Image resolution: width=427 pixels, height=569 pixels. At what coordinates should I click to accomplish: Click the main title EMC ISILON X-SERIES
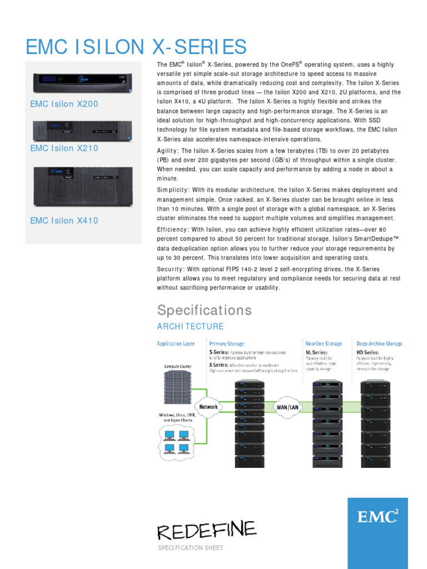tap(136, 47)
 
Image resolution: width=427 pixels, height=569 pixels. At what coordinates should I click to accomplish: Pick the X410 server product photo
tap(83, 187)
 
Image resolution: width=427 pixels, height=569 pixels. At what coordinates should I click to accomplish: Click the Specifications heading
tap(204, 310)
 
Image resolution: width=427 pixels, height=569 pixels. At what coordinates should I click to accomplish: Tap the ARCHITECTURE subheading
tap(190, 327)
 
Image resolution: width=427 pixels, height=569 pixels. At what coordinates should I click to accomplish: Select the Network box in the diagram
tap(208, 406)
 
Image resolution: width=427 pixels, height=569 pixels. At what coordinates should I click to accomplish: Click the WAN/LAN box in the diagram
tap(287, 407)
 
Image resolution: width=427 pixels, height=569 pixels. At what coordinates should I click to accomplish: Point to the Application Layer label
tap(176, 344)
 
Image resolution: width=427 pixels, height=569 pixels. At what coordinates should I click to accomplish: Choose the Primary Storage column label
tap(226, 344)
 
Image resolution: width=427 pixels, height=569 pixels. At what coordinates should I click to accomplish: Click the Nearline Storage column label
tap(324, 344)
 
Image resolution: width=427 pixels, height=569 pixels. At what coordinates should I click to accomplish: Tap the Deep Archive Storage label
tap(379, 344)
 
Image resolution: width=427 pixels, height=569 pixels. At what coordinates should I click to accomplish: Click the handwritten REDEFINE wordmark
tap(207, 530)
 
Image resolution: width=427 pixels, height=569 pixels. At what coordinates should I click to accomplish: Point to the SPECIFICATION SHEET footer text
tap(191, 548)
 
